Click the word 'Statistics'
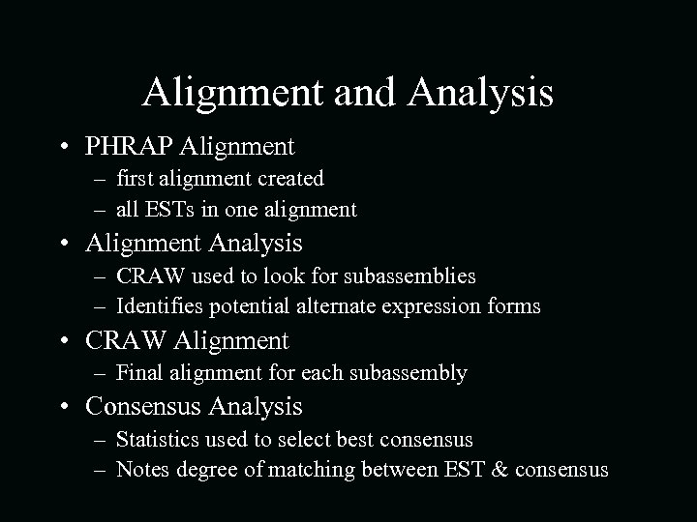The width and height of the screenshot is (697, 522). [160, 440]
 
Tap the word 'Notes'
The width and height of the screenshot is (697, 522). [141, 471]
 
